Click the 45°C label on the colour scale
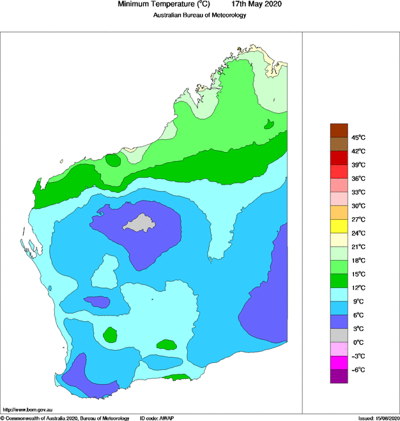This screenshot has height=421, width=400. [358, 137]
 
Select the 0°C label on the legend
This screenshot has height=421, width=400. [358, 342]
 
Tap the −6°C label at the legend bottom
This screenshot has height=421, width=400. [358, 370]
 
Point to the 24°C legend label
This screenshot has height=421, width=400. [358, 233]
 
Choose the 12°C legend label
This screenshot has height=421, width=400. [358, 287]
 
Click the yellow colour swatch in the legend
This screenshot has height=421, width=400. [339, 226]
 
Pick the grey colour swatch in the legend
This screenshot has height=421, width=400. [339, 335]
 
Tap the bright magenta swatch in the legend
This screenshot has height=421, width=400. [339, 363]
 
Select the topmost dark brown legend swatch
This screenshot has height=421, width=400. [339, 130]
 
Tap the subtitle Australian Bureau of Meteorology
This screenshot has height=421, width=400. [199, 15]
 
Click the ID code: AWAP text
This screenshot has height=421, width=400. [157, 417]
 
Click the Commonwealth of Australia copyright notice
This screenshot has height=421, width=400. [64, 417]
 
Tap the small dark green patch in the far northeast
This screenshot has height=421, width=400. [270, 123]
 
